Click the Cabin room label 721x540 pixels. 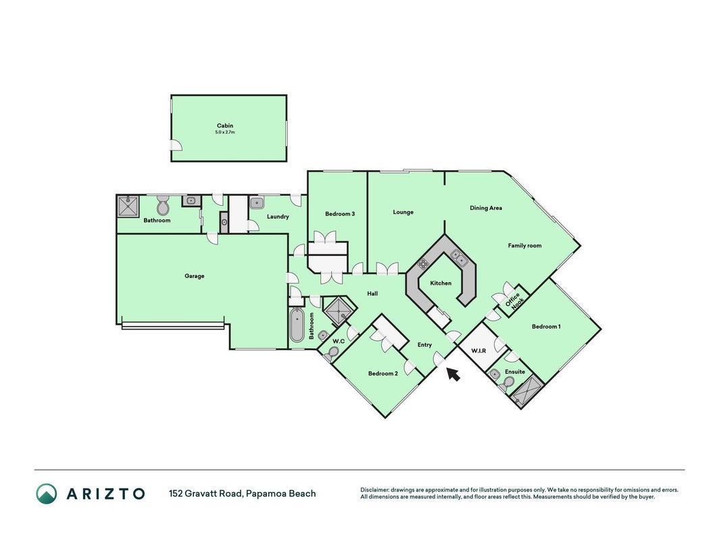[x=225, y=126]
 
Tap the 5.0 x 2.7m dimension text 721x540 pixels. [x=225, y=132]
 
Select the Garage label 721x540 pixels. [x=195, y=276]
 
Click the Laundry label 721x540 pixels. [x=278, y=216]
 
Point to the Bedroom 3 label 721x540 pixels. [x=340, y=213]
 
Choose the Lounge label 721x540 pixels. [x=403, y=212]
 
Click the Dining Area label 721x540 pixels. [x=486, y=208]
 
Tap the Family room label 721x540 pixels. [x=524, y=246]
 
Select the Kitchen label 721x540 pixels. [x=441, y=283]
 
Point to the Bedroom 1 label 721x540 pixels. [x=546, y=327]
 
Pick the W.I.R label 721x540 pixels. [x=478, y=351]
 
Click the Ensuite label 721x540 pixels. [x=515, y=371]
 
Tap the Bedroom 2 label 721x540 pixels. [x=383, y=373]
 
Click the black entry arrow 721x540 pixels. [x=453, y=374]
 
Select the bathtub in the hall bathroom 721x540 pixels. [x=297, y=325]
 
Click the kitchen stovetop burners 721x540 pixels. [x=424, y=263]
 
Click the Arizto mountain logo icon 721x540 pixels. [x=47, y=493]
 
